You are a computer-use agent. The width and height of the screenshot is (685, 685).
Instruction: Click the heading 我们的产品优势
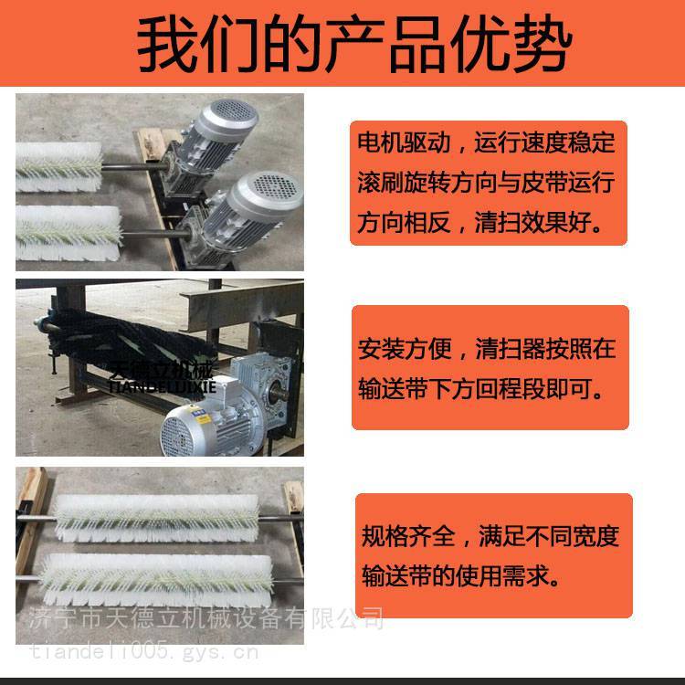(354, 44)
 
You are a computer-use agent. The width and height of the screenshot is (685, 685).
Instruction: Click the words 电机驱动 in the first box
(404, 142)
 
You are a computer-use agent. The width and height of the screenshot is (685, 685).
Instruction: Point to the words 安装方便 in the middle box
(405, 349)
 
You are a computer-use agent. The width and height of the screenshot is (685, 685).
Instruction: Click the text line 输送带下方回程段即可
(481, 388)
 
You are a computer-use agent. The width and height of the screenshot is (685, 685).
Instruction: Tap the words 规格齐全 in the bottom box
(408, 536)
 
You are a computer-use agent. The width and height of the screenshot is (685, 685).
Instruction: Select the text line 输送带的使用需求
(461, 575)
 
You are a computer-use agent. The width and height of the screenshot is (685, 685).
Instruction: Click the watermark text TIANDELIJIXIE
(162, 386)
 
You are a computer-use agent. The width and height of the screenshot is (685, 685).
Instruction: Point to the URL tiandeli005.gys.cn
(143, 652)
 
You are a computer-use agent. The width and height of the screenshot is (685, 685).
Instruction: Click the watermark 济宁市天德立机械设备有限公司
(206, 619)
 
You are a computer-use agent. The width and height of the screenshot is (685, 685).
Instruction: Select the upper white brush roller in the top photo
(59, 167)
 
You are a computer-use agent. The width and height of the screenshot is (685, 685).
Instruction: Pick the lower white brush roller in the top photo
(68, 233)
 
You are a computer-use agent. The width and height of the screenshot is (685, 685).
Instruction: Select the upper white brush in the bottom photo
(157, 519)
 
